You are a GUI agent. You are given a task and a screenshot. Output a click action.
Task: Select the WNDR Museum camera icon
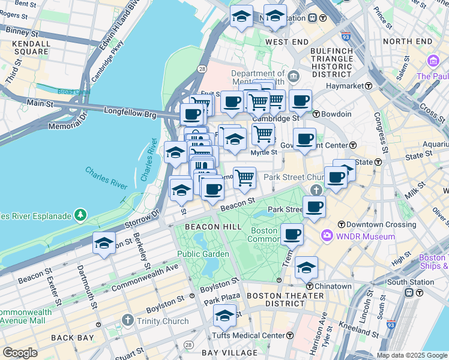(327, 236)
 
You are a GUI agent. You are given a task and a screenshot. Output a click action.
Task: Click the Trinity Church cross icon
(127, 321)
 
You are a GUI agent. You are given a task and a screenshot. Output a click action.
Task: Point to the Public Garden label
(203, 254)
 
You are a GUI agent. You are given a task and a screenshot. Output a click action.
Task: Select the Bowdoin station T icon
(316, 114)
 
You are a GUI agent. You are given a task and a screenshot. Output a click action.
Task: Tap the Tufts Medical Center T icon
(290, 335)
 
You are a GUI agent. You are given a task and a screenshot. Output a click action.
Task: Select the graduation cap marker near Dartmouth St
(104, 243)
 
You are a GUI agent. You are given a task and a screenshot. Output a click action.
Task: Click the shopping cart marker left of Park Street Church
(244, 178)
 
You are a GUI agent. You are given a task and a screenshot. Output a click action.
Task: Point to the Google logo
(20, 353)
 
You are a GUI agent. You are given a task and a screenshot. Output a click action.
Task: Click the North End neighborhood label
(407, 41)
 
